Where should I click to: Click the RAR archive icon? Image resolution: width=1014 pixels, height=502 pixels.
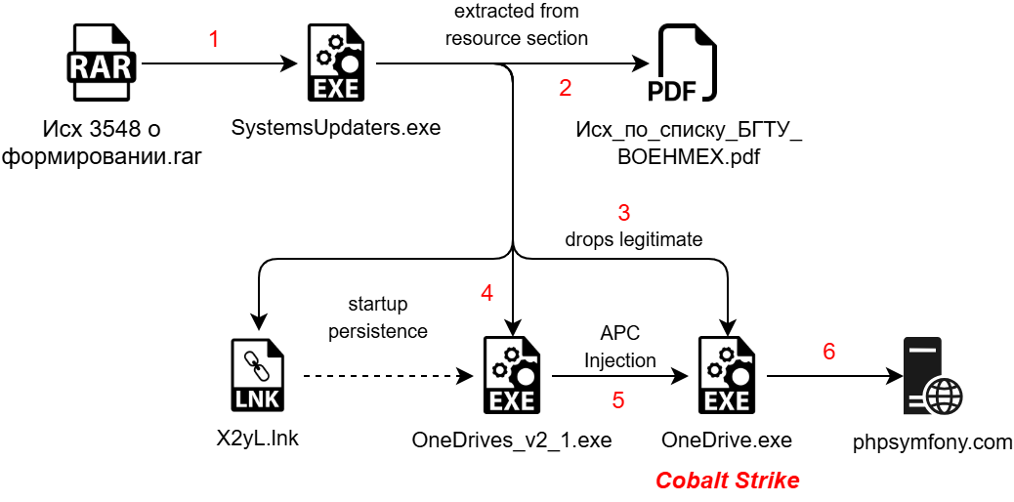104,63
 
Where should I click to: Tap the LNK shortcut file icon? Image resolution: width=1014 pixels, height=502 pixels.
256,377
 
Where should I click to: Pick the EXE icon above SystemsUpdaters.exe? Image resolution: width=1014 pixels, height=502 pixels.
336,63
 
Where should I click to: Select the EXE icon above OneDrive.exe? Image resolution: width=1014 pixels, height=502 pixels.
728,376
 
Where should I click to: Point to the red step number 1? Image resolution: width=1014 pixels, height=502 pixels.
214,39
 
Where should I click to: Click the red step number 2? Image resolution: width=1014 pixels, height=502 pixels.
566,88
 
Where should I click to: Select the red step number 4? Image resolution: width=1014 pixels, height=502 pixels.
486,293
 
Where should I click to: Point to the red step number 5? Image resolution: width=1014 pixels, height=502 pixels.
618,400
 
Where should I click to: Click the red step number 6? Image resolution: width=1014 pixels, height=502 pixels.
828,352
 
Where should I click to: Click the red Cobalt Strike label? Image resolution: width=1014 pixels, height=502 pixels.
728,481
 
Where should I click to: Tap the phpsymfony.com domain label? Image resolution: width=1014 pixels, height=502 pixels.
933,442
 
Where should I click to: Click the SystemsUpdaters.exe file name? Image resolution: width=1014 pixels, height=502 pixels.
336,127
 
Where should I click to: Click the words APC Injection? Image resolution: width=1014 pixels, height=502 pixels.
620,348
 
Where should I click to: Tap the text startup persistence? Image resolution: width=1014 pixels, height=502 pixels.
378,317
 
